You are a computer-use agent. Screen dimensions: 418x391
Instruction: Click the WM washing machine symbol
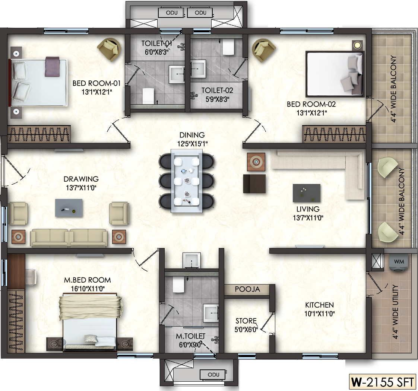point(399,263)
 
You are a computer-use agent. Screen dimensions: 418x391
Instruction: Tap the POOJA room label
point(247,289)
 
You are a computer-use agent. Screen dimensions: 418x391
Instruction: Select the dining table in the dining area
point(186,181)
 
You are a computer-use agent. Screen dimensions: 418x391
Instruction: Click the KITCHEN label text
point(319,305)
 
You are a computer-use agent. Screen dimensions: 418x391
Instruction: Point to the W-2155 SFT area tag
point(382,382)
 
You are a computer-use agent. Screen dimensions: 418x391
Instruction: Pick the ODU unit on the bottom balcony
point(213,375)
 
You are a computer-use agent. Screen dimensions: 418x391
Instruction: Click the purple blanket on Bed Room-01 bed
point(52,66)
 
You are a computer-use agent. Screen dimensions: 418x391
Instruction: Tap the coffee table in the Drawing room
point(69,208)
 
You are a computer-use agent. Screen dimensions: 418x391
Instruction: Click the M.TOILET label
point(190,336)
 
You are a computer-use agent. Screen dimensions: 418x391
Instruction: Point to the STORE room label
point(246,321)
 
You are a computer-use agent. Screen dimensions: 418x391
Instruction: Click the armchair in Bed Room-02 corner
point(264,50)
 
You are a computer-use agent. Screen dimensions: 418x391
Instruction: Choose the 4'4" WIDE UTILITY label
point(395,312)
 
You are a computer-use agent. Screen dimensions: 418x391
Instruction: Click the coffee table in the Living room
point(307,193)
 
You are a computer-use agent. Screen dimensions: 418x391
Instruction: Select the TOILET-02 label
point(217,90)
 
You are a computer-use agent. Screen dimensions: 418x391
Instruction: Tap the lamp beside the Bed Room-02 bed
point(357,45)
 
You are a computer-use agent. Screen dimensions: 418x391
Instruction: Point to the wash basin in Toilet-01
point(177,73)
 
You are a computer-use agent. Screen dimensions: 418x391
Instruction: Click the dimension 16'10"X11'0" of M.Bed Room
point(88,288)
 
